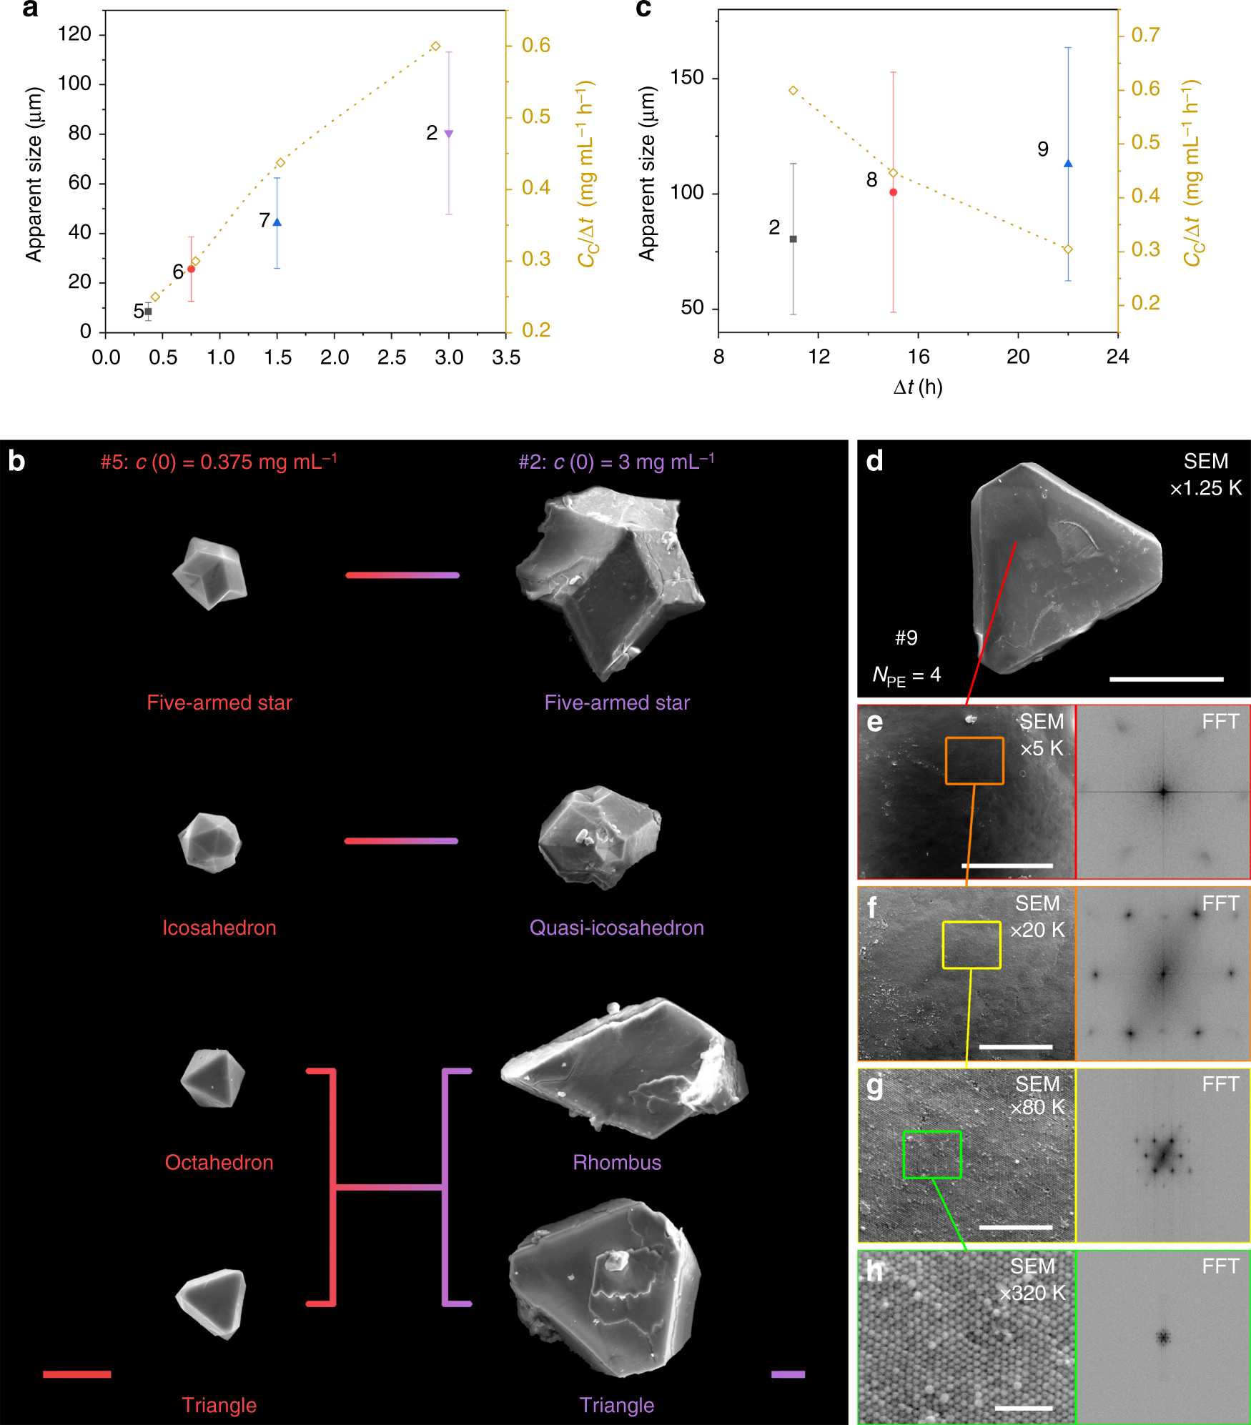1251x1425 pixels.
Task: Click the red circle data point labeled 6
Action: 191,269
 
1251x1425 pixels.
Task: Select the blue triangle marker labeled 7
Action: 277,222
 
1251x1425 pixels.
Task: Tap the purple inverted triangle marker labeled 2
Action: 449,134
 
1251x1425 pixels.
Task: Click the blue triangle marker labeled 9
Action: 1068,164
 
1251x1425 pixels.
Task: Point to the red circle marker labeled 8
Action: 893,192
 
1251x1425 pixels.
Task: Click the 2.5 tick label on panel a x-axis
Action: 392,357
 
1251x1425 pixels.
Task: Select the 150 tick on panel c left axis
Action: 687,77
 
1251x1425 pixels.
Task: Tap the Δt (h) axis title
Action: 918,387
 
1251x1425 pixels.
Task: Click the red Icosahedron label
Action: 219,928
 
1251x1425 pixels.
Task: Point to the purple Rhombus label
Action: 617,1162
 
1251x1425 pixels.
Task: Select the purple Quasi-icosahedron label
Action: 616,928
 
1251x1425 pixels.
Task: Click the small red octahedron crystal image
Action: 212,1078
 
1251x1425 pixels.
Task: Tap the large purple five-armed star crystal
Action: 608,579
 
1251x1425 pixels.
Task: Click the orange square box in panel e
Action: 974,761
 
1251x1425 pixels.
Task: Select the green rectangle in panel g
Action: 932,1155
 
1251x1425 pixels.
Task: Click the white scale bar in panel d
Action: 1166,679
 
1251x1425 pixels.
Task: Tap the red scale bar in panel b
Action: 76,1374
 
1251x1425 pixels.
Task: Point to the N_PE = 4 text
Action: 906,675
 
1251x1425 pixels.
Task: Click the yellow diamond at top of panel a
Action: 435,46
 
